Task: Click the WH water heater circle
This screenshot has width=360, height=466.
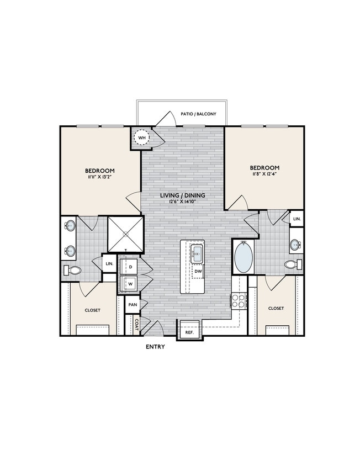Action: [142, 137]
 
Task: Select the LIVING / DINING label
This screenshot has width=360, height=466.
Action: [183, 195]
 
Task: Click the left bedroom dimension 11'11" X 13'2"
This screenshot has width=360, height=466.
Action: [99, 178]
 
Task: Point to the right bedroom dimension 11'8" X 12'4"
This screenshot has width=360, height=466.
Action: [264, 175]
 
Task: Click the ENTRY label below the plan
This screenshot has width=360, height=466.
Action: [156, 347]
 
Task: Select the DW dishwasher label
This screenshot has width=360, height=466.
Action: [198, 271]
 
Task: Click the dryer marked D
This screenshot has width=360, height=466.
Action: [130, 267]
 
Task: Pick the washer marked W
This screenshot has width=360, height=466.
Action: [130, 284]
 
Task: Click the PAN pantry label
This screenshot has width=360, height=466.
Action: [133, 304]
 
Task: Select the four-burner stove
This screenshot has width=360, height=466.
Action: [238, 301]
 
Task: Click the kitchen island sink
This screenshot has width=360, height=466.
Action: [197, 255]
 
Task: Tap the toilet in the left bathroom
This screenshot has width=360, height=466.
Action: [73, 270]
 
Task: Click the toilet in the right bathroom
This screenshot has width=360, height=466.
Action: [293, 264]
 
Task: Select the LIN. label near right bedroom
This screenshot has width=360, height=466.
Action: [297, 219]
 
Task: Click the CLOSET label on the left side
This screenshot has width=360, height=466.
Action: [92, 310]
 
